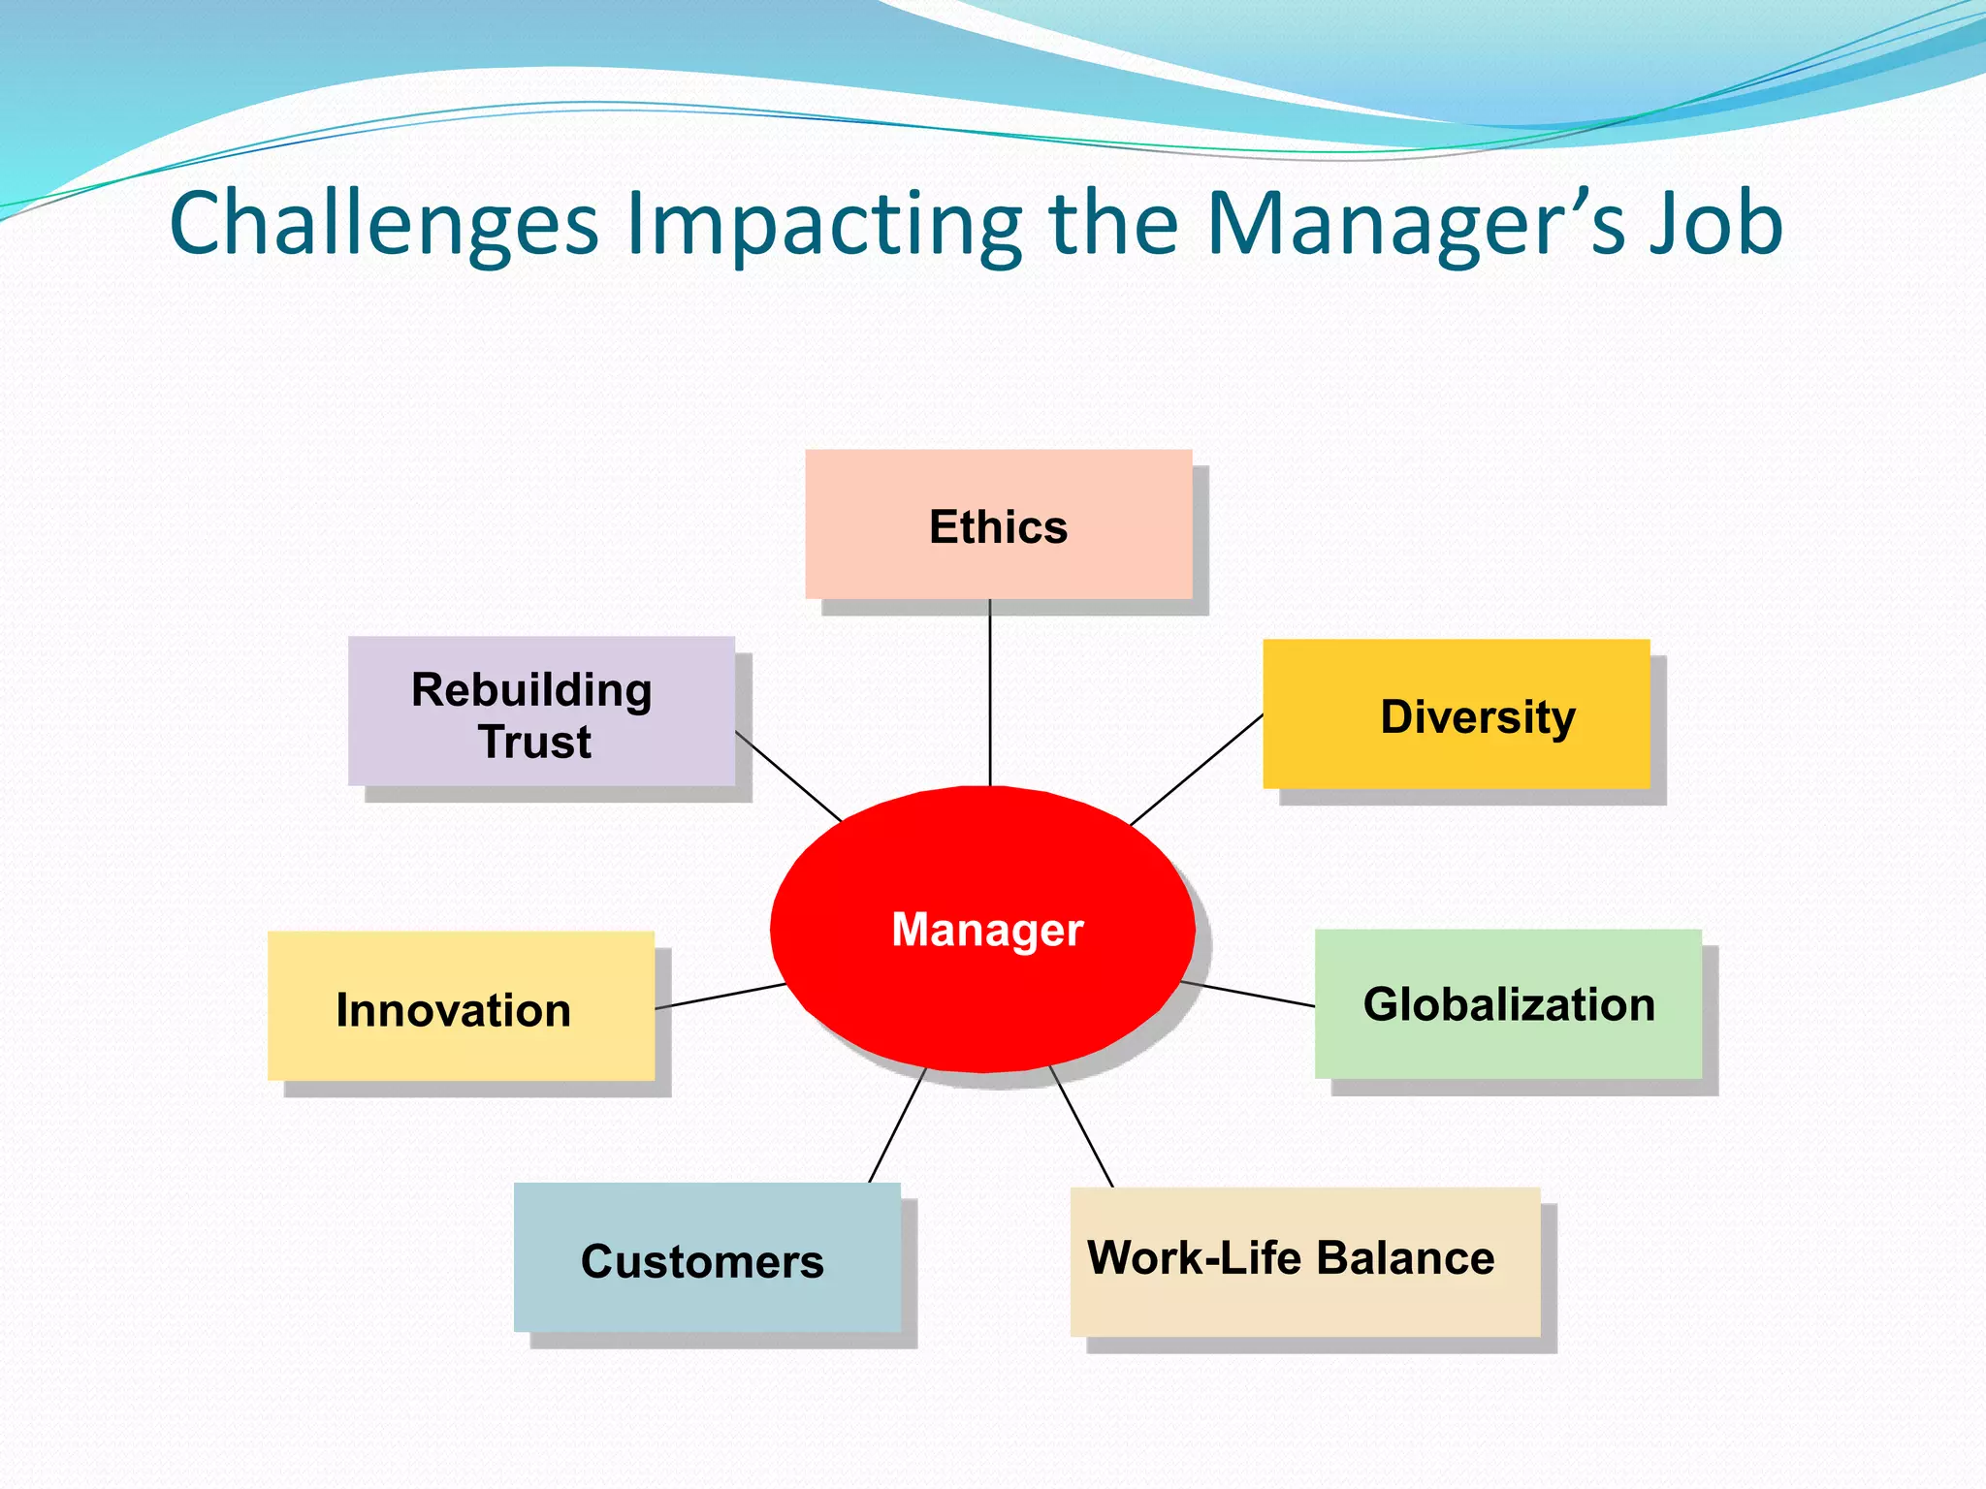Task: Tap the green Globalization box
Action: (x=1508, y=1004)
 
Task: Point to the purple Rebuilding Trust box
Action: (x=540, y=712)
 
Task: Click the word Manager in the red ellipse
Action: (x=987, y=930)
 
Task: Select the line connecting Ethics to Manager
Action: (x=990, y=693)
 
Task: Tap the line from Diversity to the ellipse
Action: (x=1197, y=770)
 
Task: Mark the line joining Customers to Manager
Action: (x=897, y=1125)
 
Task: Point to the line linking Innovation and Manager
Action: (x=721, y=997)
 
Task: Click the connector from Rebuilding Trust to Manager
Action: (x=788, y=776)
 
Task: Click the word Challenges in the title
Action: (x=384, y=224)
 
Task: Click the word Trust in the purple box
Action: (x=534, y=743)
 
